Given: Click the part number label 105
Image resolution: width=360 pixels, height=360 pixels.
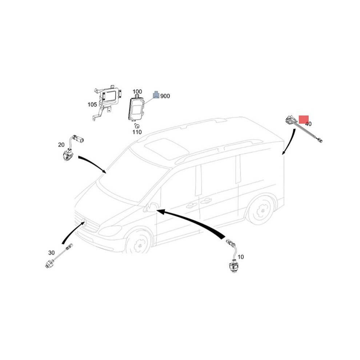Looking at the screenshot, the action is (x=92, y=105).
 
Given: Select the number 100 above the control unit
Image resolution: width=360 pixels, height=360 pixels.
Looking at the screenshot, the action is (x=137, y=92).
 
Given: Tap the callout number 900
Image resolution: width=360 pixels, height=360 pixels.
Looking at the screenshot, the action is (x=165, y=96).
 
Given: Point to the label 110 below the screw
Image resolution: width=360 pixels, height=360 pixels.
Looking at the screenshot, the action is (x=137, y=132).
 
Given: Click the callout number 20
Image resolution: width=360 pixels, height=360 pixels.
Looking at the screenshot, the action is (x=61, y=145).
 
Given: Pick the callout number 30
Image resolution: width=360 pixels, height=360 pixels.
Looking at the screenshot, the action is (x=51, y=253).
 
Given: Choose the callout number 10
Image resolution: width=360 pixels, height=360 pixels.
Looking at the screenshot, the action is (x=241, y=257).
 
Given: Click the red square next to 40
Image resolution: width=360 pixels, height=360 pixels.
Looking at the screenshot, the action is (x=304, y=119).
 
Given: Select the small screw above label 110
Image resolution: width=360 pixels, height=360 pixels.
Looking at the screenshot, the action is (x=137, y=126).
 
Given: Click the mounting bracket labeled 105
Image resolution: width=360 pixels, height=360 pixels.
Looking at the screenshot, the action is (x=107, y=102).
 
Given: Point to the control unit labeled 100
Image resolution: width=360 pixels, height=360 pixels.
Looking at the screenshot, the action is (x=136, y=108).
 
